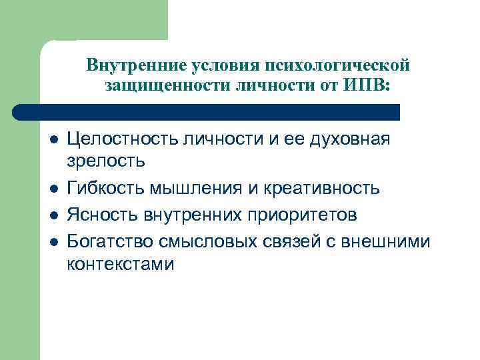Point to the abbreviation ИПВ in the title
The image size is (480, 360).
click(x=366, y=85)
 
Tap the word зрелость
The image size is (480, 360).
click(x=105, y=160)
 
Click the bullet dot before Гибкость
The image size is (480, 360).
click(x=54, y=189)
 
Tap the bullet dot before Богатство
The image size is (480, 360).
click(x=54, y=241)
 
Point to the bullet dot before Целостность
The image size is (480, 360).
click(x=54, y=139)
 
